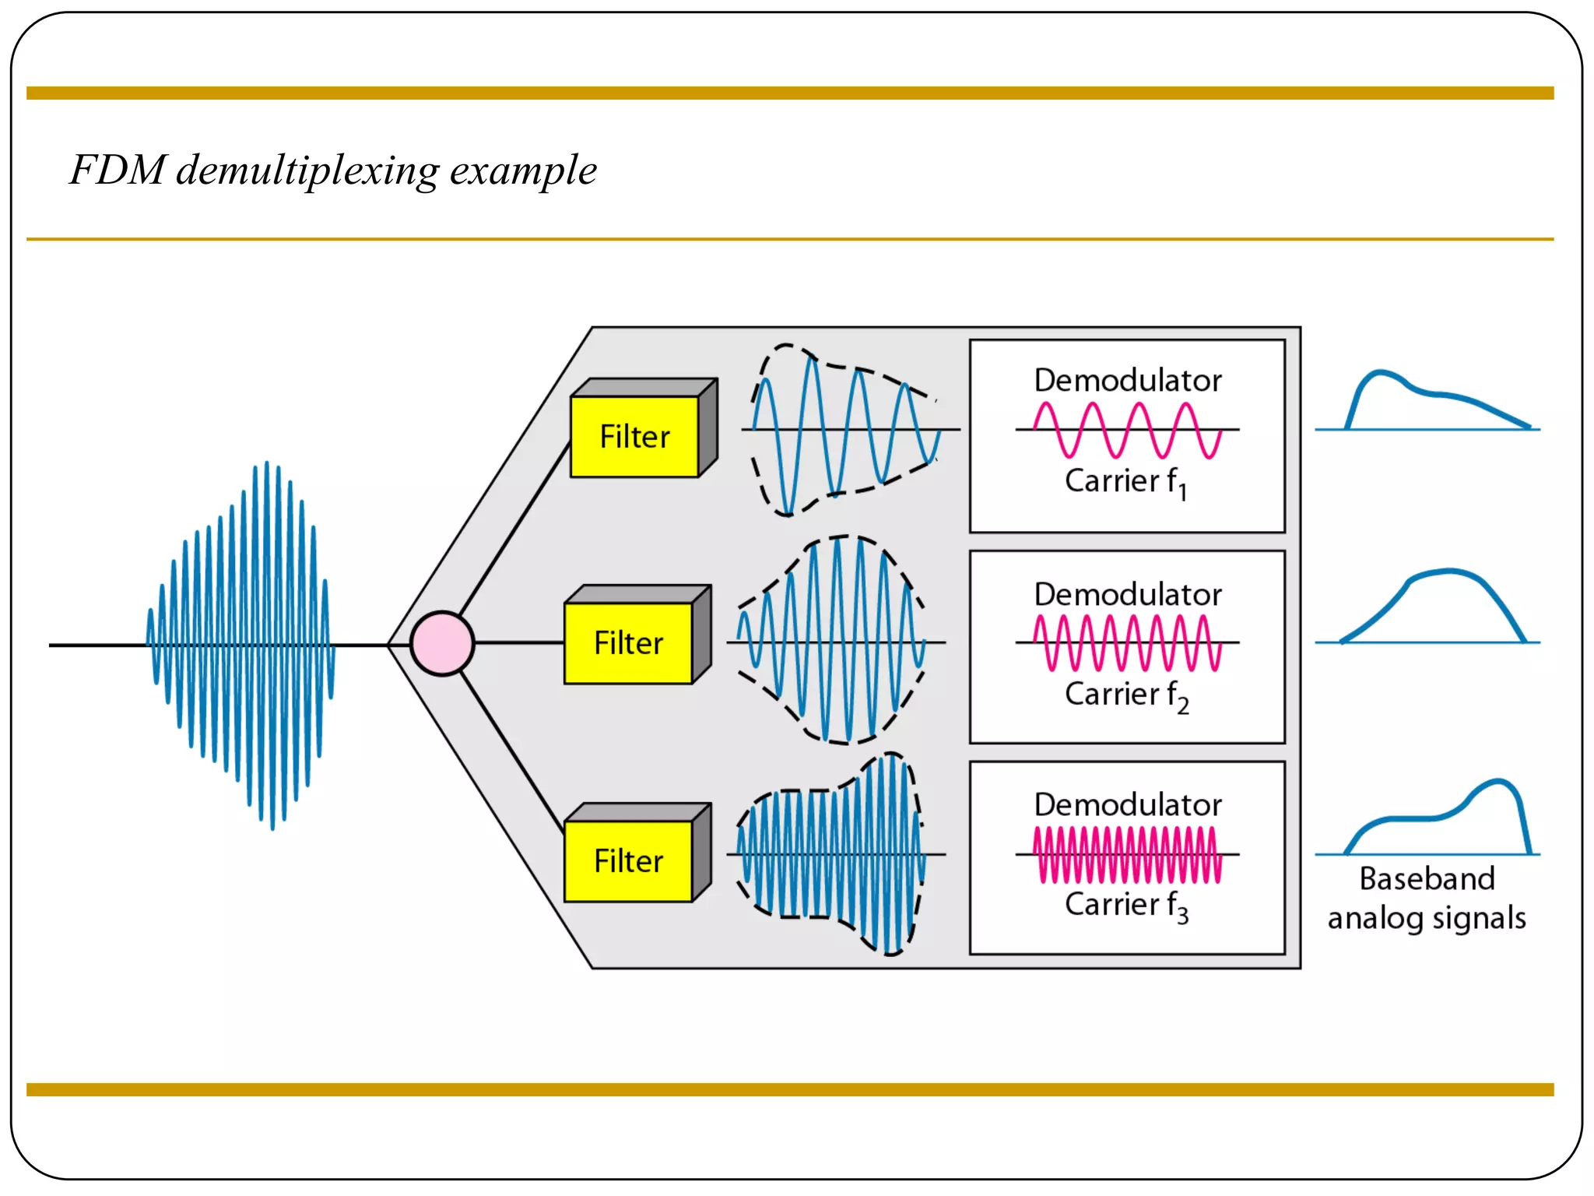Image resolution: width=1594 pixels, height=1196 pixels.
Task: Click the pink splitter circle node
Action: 442,643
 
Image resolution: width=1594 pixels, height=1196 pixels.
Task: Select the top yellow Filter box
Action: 634,437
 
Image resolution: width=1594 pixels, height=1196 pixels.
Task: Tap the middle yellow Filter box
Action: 628,643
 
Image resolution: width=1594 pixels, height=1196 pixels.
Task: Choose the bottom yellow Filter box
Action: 628,861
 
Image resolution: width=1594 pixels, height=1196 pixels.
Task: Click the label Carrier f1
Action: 1125,481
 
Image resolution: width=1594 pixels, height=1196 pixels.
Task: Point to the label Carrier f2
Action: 1125,695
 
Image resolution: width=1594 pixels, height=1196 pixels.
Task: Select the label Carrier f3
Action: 1125,905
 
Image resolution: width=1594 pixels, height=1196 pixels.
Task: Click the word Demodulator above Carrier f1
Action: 1127,381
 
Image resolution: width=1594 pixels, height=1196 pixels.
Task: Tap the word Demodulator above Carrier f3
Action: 1127,805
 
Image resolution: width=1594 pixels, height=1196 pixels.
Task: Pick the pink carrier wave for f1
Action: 1127,430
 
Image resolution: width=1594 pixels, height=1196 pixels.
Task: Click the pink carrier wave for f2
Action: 1127,642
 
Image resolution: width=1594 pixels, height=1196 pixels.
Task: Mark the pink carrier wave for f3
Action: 1127,855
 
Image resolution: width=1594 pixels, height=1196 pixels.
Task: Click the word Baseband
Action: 1427,879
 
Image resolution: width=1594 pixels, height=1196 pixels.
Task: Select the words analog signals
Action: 1427,918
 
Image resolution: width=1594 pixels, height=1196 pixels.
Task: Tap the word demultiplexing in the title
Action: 307,171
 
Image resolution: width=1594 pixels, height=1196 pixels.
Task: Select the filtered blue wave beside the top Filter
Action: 844,429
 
